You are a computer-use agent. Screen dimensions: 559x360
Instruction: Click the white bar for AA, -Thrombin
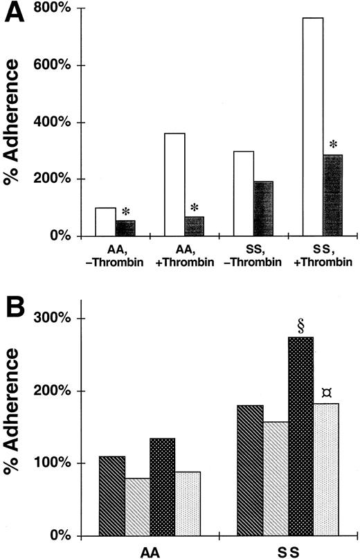pos(105,222)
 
